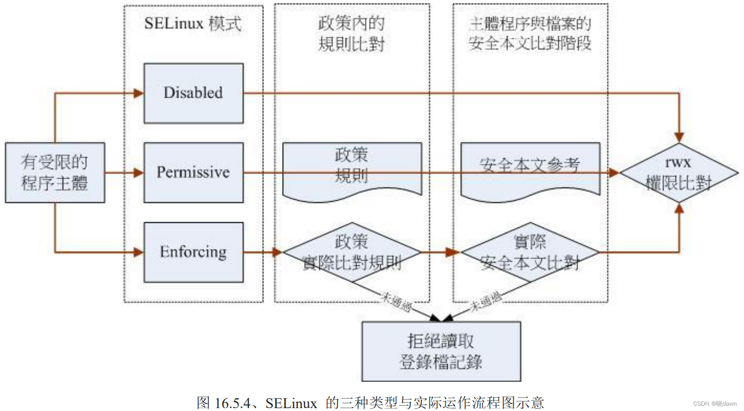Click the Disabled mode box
coord(193,93)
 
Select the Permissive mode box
coord(193,172)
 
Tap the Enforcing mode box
coord(193,252)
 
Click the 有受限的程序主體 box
coord(55,172)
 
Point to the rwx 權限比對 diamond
coord(679,173)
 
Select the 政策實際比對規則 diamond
coord(352,252)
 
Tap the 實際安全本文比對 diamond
coord(530,252)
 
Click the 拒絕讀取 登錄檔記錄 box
coord(441,351)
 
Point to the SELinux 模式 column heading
coord(193,23)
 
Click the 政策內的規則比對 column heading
coord(352,34)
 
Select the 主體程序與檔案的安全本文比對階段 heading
coord(530,34)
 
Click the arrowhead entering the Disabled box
coord(139,93)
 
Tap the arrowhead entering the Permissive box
coord(139,172)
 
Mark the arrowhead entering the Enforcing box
coord(139,252)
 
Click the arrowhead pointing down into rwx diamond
coord(679,137)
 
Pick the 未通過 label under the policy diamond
coord(396,302)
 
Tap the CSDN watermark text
coord(715,404)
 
